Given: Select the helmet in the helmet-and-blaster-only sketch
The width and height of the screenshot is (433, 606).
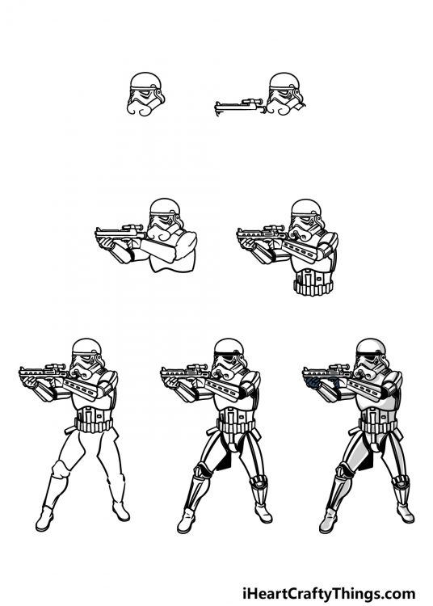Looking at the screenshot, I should pos(284,91).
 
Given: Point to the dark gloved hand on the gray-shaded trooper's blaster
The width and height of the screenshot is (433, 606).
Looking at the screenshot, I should pos(317,376).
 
